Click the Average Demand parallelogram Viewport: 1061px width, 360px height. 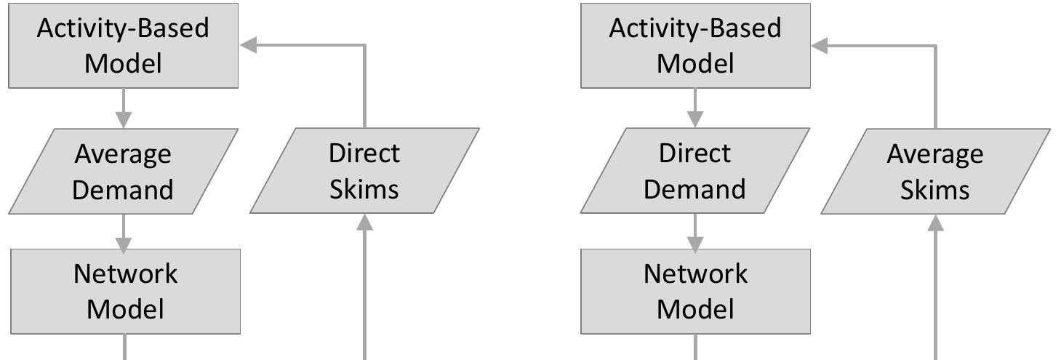(x=123, y=172)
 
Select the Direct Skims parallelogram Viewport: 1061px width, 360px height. (x=364, y=171)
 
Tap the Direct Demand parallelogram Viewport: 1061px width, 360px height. (x=694, y=172)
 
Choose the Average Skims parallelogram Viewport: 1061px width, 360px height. (x=935, y=172)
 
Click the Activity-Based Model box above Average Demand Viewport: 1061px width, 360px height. (x=123, y=46)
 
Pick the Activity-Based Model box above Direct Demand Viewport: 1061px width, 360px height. (x=694, y=46)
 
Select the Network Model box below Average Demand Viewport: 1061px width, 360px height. (x=124, y=292)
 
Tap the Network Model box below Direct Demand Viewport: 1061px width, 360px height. (x=695, y=292)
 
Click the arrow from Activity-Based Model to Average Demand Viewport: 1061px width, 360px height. (x=124, y=108)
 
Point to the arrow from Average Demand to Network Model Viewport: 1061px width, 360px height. (x=124, y=231)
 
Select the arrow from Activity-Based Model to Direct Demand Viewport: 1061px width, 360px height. (x=695, y=108)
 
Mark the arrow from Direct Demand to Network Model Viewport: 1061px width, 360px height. (x=695, y=231)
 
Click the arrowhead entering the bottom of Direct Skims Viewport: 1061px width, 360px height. (x=364, y=221)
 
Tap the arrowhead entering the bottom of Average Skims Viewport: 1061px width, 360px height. (x=936, y=221)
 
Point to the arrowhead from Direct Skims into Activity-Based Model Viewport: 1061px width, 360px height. (x=249, y=46)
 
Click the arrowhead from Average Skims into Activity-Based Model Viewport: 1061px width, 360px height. (x=820, y=46)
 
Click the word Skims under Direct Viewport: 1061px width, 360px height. (x=364, y=189)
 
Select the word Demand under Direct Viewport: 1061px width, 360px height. (x=694, y=189)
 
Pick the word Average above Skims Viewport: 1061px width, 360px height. (x=935, y=154)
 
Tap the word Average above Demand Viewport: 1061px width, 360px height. (x=123, y=154)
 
